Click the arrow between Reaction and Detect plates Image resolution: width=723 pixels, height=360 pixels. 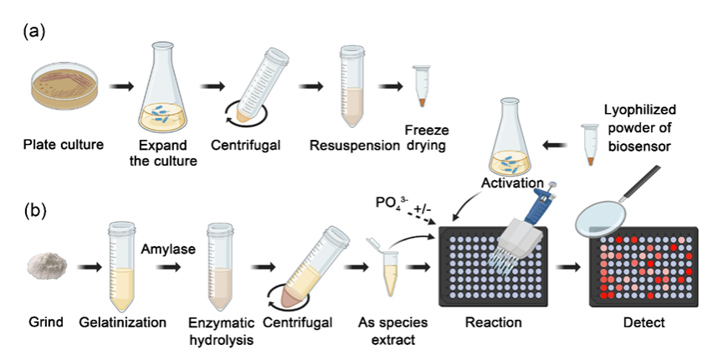(571, 269)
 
